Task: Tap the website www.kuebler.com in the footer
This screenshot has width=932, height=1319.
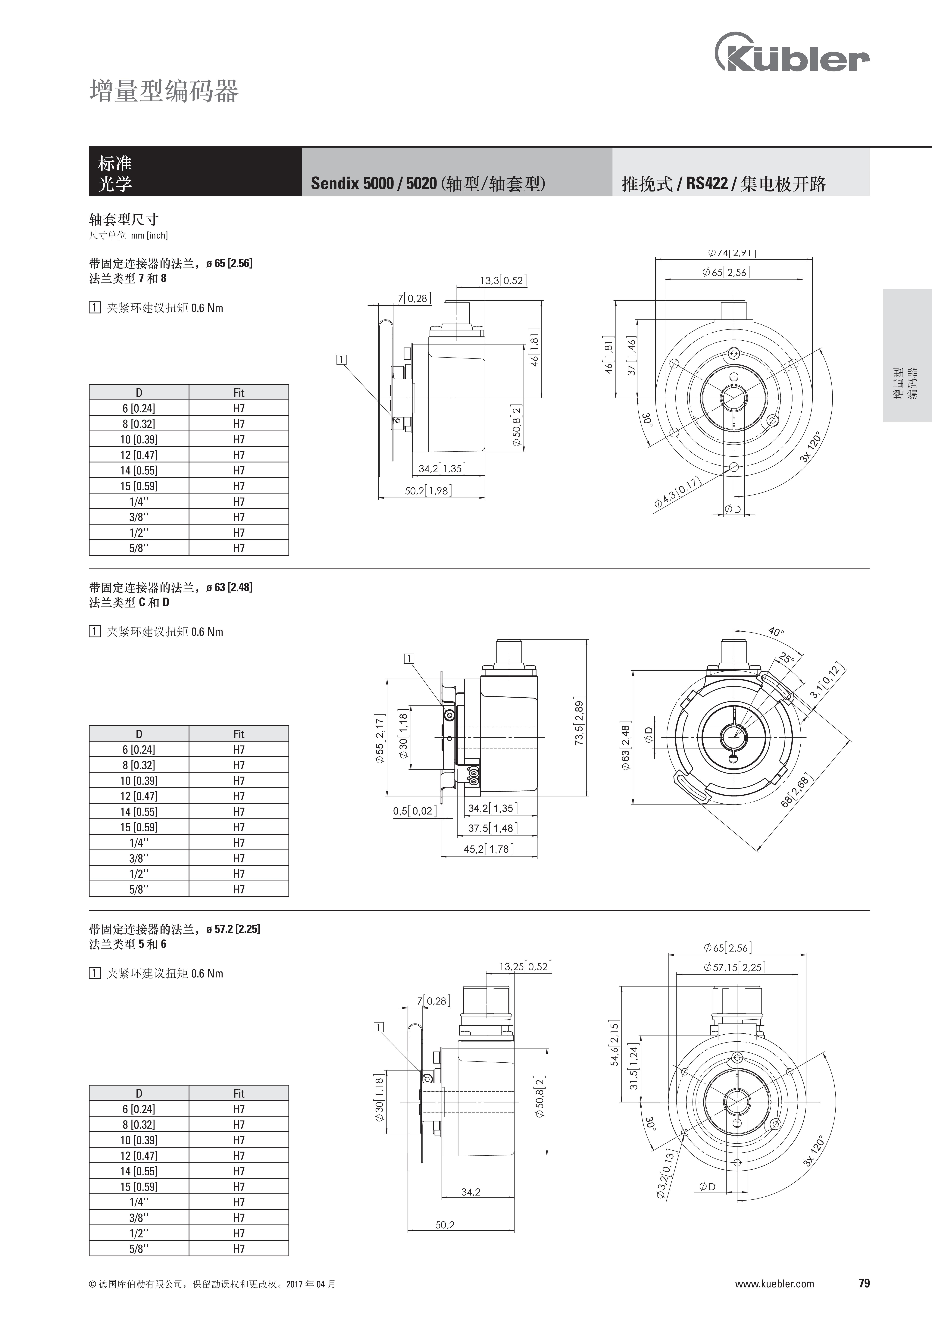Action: pyautogui.click(x=774, y=1296)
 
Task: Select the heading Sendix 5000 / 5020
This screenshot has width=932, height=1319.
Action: pyautogui.click(x=374, y=183)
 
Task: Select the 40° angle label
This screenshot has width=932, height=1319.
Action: pyautogui.click(x=776, y=632)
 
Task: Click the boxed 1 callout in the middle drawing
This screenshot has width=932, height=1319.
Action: pyautogui.click(x=409, y=659)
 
